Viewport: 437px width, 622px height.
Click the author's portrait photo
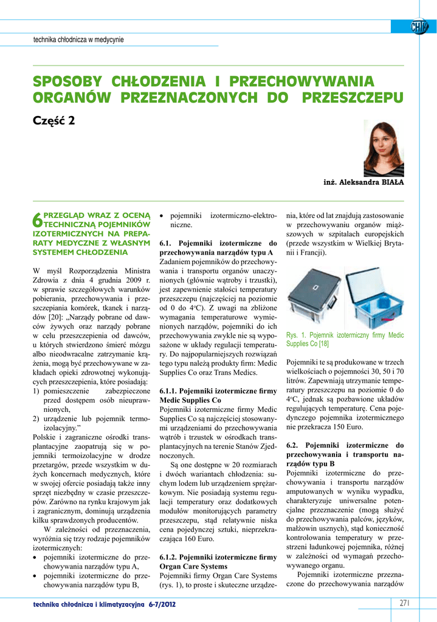[x=384, y=148]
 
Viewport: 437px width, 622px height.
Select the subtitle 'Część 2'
[x=54, y=120]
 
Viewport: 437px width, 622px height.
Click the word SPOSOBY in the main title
[x=67, y=81]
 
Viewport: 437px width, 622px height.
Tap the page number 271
[x=405, y=603]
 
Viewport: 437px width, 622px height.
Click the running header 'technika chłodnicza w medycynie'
[x=78, y=40]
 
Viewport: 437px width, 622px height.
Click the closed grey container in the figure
[x=314, y=295]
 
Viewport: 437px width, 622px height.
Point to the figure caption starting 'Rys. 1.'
[x=345, y=339]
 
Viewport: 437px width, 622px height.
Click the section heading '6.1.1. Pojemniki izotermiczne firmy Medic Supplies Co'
[x=218, y=396]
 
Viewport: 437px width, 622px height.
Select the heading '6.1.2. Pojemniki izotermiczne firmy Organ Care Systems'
[x=218, y=561]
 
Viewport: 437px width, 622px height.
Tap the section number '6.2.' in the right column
[x=295, y=445]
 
